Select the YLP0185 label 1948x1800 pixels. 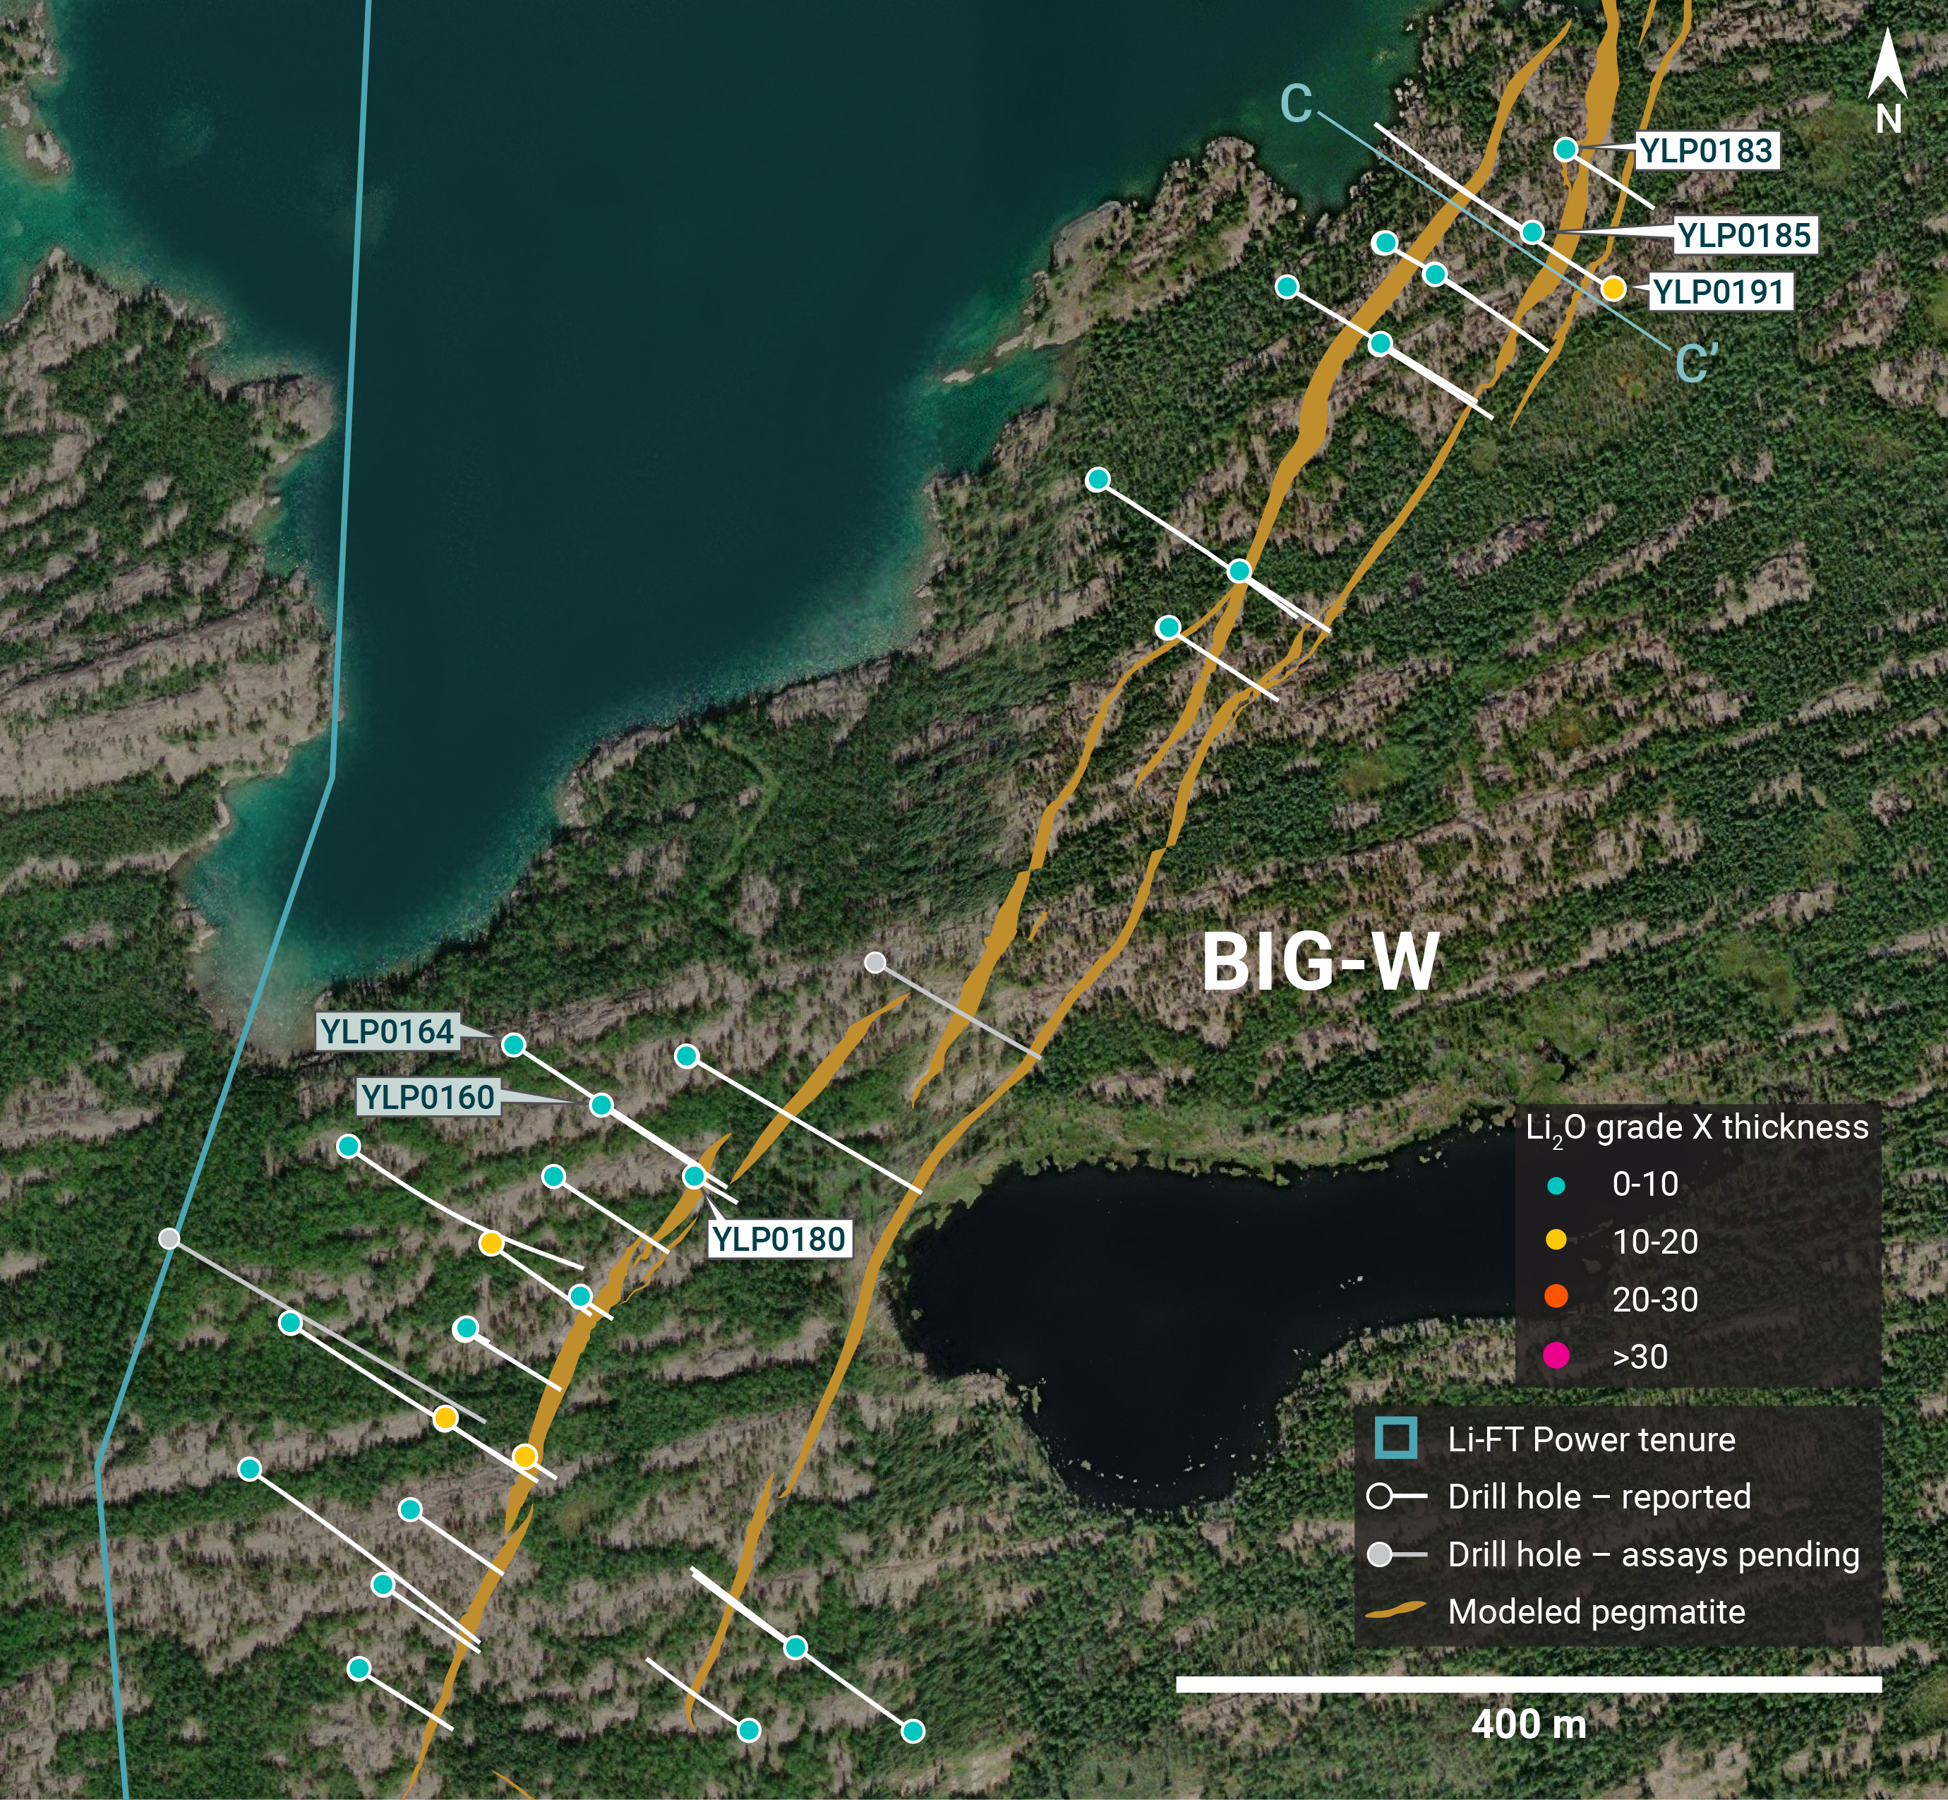[1745, 235]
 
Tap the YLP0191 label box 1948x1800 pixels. [1719, 292]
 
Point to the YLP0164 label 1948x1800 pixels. [387, 1031]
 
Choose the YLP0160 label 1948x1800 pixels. [428, 1097]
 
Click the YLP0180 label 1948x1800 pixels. [778, 1239]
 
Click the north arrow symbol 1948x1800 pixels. [1887, 68]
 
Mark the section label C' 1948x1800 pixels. [1696, 364]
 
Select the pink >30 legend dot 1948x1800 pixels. [1556, 1355]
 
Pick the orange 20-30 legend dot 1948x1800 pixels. [1556, 1297]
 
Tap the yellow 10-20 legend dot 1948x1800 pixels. [1556, 1240]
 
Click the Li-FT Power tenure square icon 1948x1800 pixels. [1396, 1439]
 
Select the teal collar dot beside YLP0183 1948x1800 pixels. [1565, 149]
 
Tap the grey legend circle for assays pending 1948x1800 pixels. [1379, 1554]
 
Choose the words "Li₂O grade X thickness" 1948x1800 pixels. [1697, 1128]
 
